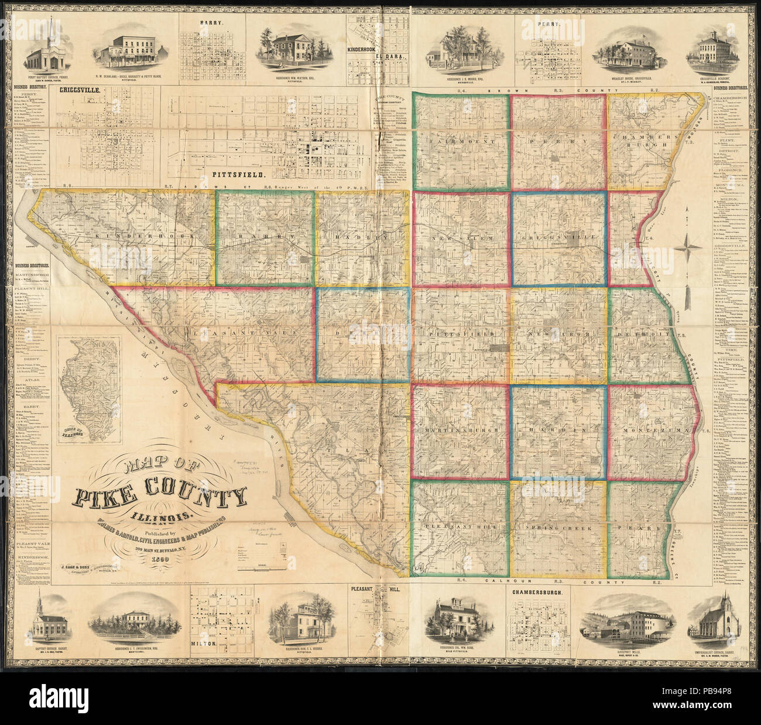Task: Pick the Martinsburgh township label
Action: click(x=460, y=429)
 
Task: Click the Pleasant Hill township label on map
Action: click(x=460, y=527)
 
